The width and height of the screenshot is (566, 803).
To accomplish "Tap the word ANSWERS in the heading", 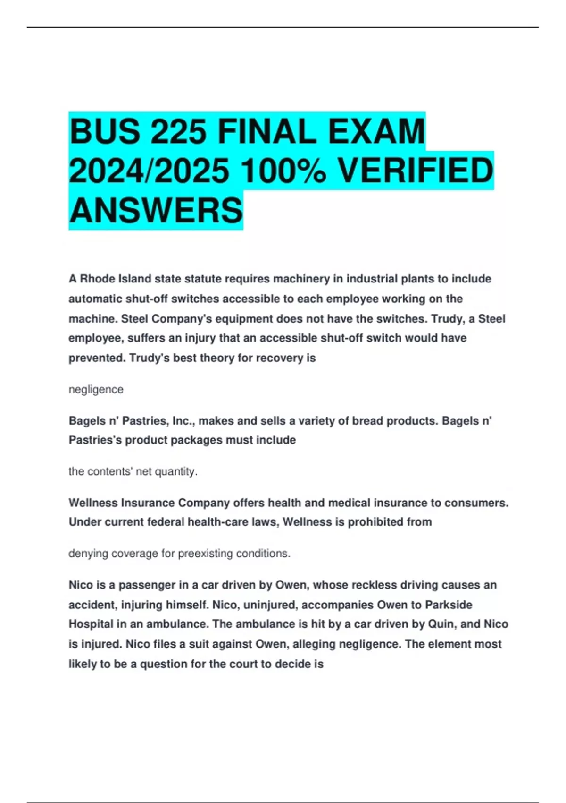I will [156, 210].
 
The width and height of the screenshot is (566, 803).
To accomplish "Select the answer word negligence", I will [96, 390].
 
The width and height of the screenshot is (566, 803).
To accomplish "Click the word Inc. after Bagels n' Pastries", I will [183, 421].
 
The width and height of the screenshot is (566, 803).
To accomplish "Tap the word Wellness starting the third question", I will [93, 503].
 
